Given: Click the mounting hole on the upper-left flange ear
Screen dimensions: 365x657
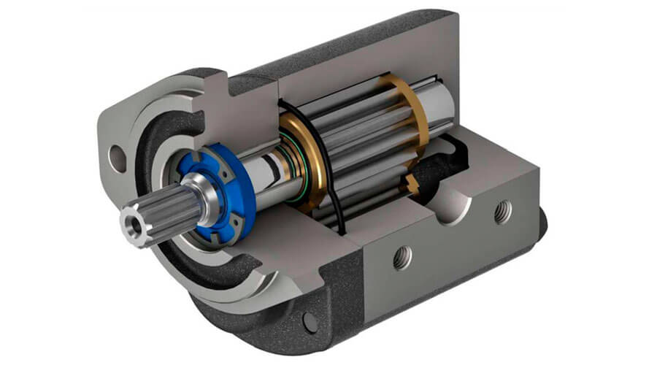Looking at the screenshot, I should pos(115,154).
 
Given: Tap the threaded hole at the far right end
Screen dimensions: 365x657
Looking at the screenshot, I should pos(501,212).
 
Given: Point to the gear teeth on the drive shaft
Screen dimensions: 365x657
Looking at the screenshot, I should pos(358,146).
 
